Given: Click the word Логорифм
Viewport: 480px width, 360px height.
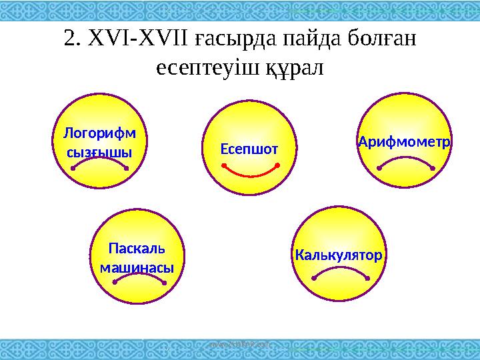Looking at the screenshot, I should [99, 133].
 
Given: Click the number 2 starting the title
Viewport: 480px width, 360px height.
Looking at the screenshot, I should [69, 39].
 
